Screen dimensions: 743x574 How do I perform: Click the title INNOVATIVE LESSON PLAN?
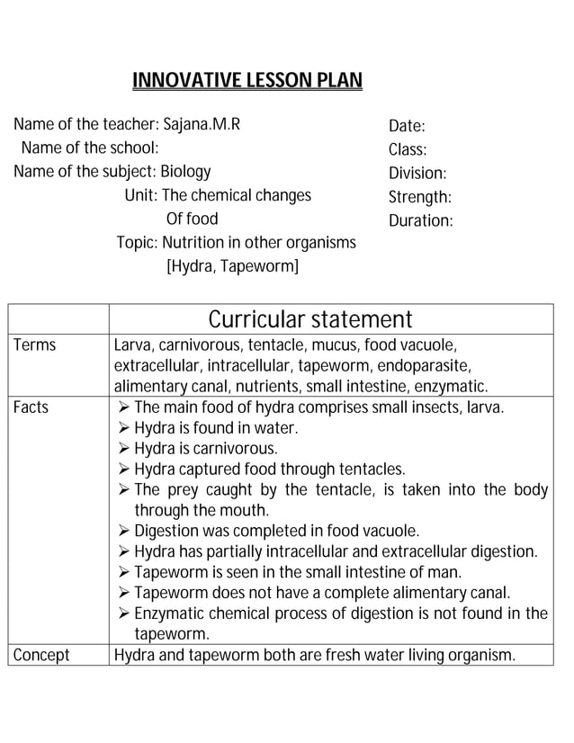[x=247, y=82]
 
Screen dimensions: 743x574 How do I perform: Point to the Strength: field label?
[x=419, y=197]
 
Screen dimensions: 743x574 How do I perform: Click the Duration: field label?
[x=420, y=220]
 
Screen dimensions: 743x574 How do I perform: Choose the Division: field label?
[x=417, y=174]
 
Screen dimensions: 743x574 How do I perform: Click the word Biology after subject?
[x=185, y=171]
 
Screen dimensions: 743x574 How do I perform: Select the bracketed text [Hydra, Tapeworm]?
[x=232, y=266]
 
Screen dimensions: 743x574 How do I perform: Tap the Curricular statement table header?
[x=310, y=319]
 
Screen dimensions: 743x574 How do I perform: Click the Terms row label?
[x=34, y=345]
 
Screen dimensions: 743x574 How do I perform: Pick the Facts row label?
[x=31, y=407]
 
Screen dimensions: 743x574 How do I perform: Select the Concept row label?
[x=41, y=655]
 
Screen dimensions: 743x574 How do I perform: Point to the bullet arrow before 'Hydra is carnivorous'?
[x=124, y=449]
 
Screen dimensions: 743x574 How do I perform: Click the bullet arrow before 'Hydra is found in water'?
[x=124, y=428]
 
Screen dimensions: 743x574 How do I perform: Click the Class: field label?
[x=408, y=150]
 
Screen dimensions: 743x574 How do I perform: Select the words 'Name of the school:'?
[x=90, y=148]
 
